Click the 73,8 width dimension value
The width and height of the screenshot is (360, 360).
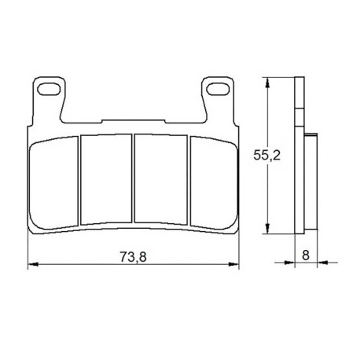click(x=133, y=256)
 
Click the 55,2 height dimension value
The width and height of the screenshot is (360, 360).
click(x=266, y=156)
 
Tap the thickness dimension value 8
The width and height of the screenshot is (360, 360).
click(x=306, y=255)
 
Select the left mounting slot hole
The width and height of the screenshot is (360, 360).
click(x=49, y=89)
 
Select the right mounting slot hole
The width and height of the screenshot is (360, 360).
click(x=218, y=89)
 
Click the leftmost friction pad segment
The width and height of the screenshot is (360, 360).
click(x=54, y=183)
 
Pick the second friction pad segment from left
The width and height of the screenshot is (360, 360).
click(x=106, y=179)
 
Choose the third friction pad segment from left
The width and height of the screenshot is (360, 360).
click(x=160, y=179)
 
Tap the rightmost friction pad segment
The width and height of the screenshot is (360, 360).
click(x=214, y=183)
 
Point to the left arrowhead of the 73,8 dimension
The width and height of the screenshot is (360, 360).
click(x=33, y=264)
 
